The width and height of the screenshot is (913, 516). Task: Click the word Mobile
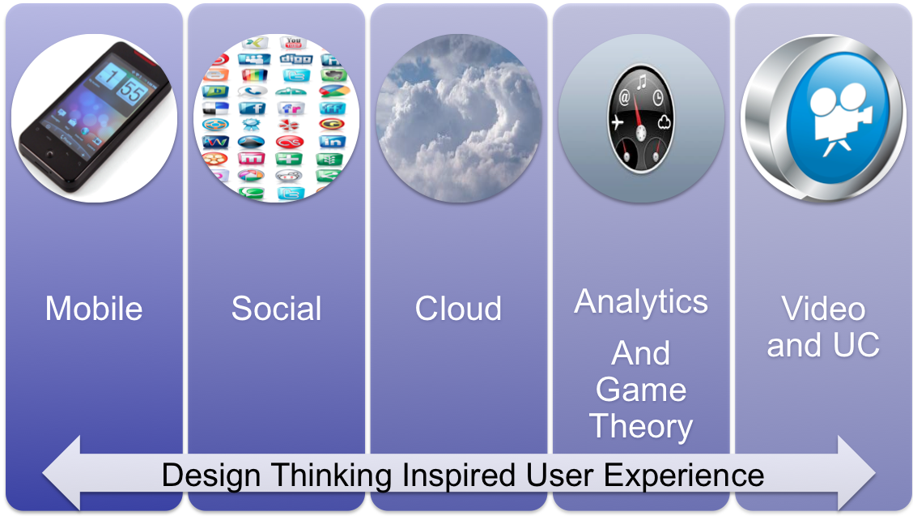[x=94, y=309]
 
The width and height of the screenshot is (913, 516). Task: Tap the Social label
[x=276, y=309]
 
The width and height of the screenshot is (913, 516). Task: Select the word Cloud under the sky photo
[x=458, y=309]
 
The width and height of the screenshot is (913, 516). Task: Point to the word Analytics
[x=641, y=303]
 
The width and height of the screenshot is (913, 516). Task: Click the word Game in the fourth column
[x=641, y=389]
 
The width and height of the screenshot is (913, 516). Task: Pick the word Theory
[x=641, y=427]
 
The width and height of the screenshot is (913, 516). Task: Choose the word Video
[x=822, y=308]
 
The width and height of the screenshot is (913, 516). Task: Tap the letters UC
[x=856, y=344]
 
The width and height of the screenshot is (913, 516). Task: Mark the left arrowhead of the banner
[x=62, y=473]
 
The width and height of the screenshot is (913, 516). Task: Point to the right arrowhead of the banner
[x=856, y=473]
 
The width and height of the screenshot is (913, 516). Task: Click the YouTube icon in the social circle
[x=293, y=43]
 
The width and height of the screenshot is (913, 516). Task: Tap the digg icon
[x=295, y=59]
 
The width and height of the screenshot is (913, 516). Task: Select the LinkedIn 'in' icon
[x=333, y=142]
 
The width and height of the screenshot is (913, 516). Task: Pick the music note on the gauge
[x=641, y=82]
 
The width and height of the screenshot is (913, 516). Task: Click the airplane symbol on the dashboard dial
[x=618, y=122]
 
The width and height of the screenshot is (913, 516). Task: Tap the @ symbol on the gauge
[x=623, y=96]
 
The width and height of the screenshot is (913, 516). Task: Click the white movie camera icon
[x=839, y=119]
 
